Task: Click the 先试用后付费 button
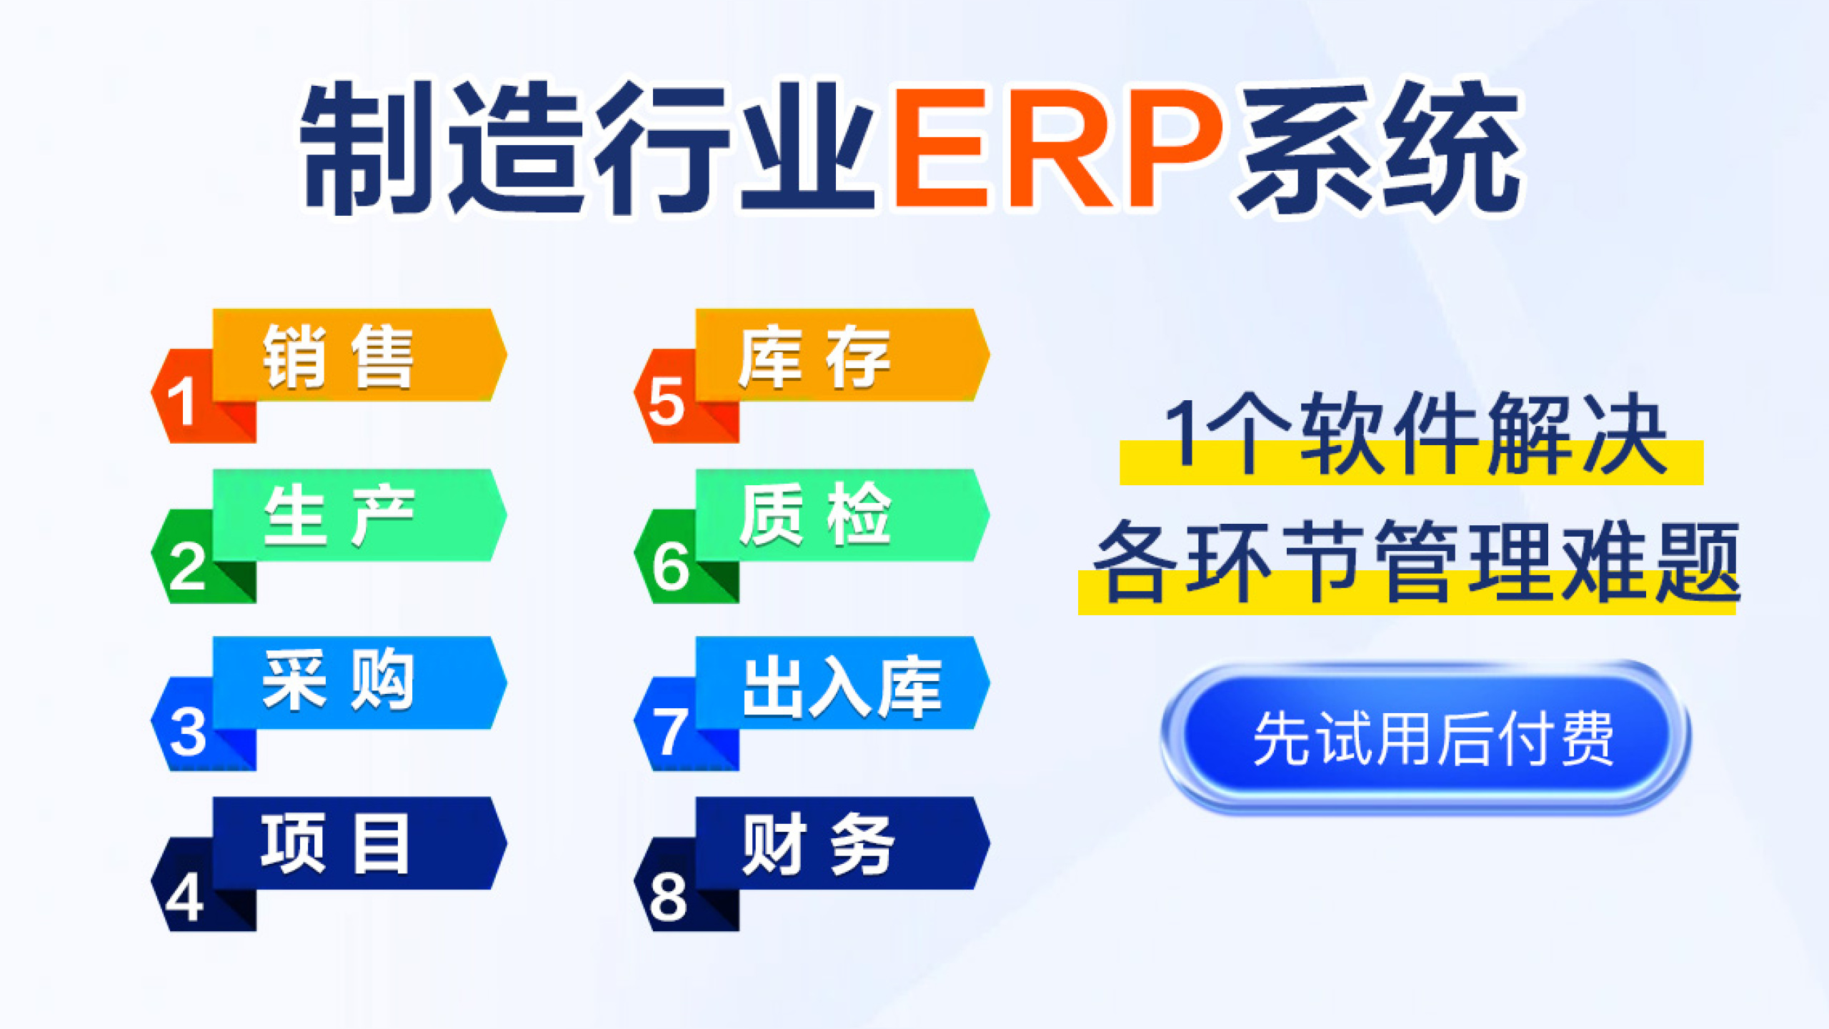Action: [1425, 738]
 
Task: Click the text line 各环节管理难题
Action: [1417, 561]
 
